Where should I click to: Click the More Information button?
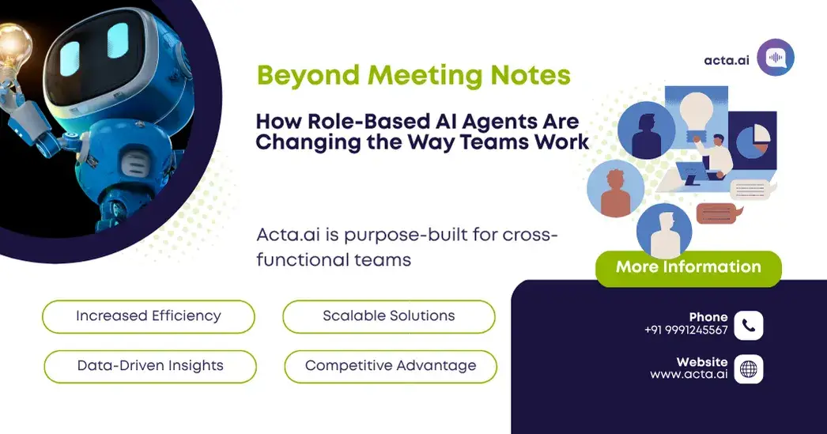pos(688,267)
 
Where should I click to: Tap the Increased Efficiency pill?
pos(148,316)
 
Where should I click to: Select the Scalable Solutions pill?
pos(388,316)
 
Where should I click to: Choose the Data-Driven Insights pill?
pos(150,366)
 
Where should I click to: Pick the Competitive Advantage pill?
pos(391,366)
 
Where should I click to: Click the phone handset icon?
pos(748,324)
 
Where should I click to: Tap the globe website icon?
pos(748,368)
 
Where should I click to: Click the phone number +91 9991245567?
pos(685,330)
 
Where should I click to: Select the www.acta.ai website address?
pos(689,375)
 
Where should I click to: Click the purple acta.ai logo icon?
pos(775,58)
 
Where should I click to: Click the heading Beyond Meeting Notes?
pos(413,76)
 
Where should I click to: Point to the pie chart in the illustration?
pos(752,138)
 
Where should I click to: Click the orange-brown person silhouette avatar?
pos(615,188)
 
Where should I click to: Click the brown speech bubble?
pos(716,213)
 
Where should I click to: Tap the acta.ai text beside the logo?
pos(726,60)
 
